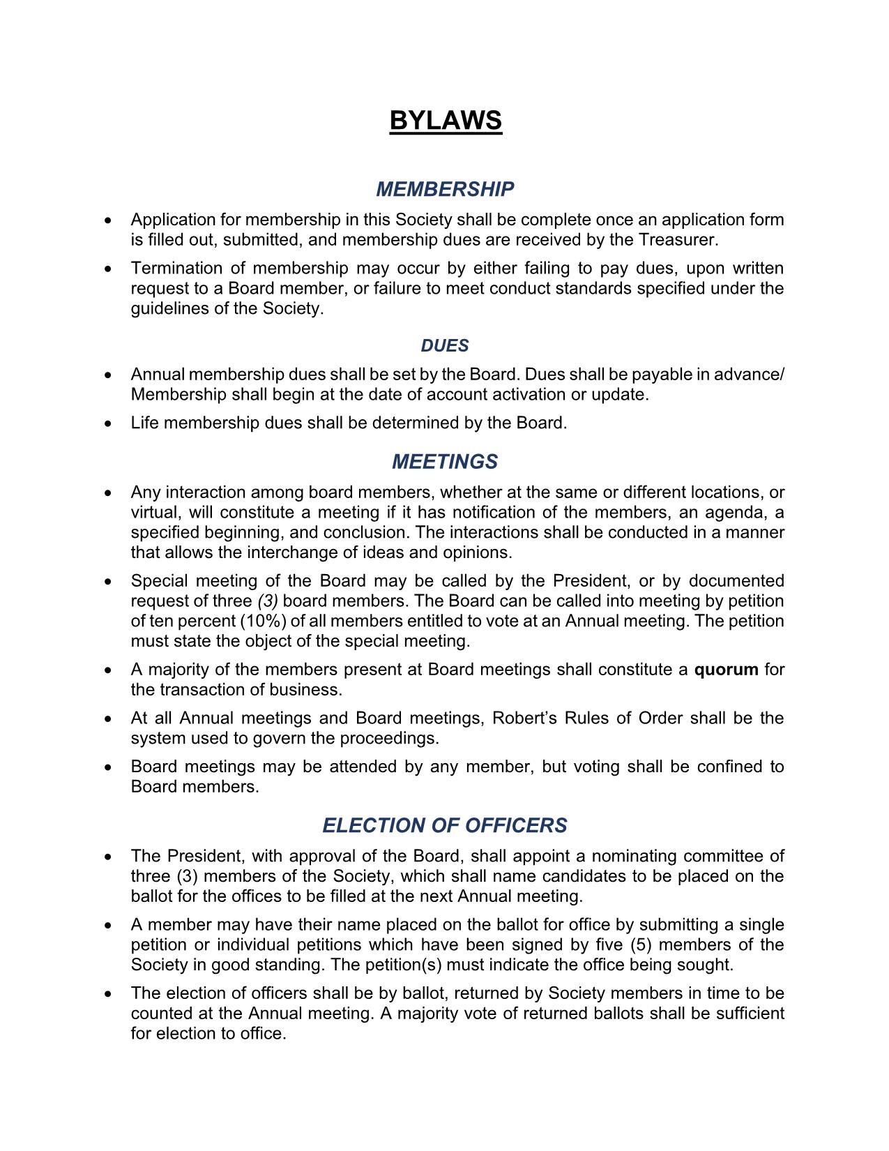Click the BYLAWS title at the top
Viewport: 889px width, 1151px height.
click(445, 121)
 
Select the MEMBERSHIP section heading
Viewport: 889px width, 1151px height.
click(445, 189)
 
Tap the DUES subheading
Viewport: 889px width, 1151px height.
click(445, 346)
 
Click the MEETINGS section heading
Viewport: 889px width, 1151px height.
click(445, 462)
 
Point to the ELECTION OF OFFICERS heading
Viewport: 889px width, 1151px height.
click(445, 825)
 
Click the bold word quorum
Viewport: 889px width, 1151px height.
click(726, 670)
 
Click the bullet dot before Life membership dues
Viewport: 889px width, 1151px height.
click(107, 423)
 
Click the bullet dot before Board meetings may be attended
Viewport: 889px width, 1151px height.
click(107, 767)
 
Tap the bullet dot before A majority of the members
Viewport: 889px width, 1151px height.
click(107, 670)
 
